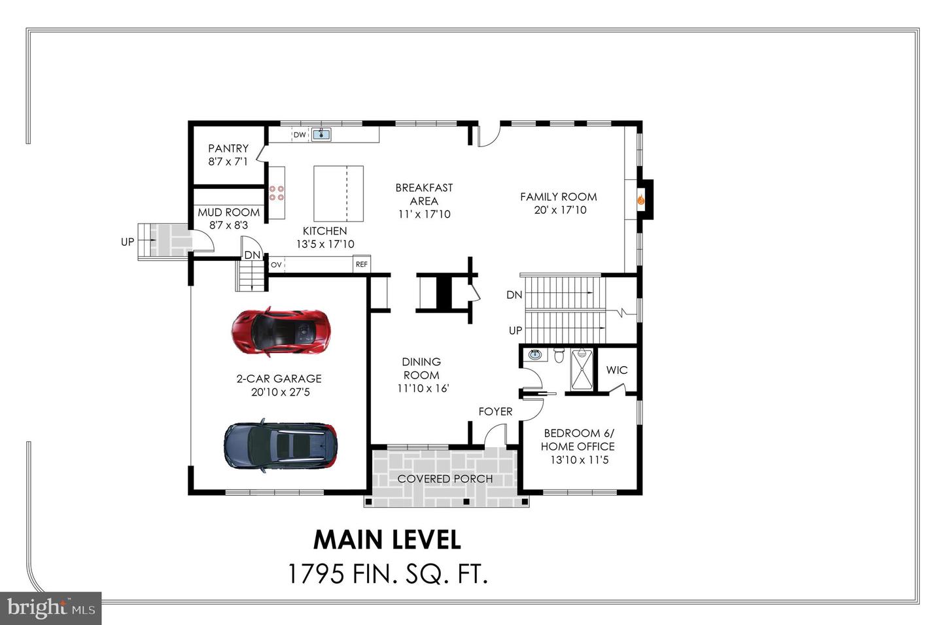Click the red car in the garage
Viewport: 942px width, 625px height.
pos(281,332)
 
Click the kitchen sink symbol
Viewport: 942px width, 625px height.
pos(321,135)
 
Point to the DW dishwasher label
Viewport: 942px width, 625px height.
pos(300,135)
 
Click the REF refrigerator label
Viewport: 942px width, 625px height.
pos(361,264)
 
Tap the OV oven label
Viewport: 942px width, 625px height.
pos(276,265)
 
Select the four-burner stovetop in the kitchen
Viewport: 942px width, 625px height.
pos(276,193)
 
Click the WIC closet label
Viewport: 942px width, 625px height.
pos(616,370)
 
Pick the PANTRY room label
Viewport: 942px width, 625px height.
pos(228,148)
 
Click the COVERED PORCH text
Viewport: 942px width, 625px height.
pos(445,479)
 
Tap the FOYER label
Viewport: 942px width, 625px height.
pos(495,411)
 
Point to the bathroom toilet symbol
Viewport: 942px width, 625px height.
pos(559,356)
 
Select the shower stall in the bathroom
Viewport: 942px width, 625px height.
pos(581,370)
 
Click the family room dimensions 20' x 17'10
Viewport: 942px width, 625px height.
pos(560,210)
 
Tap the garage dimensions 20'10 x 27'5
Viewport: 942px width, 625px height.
pos(280,392)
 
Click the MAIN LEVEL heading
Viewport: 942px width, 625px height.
pos(387,540)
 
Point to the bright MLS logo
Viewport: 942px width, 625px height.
pos(51,609)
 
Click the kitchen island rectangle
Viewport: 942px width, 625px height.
pos(338,194)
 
